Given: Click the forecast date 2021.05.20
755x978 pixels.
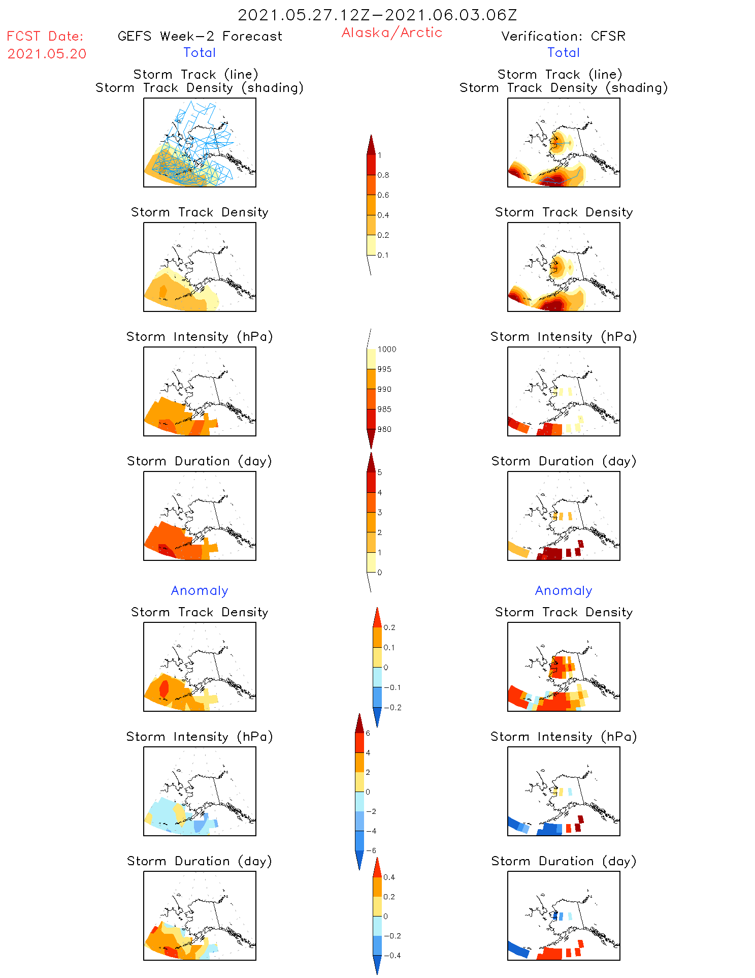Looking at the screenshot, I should point(47,54).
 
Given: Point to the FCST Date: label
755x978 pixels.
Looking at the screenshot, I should point(45,36).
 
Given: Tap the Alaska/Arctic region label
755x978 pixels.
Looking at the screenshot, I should point(391,33).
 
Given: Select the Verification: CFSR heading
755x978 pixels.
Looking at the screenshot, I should point(563,36).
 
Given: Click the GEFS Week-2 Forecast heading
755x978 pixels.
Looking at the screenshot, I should point(200,36).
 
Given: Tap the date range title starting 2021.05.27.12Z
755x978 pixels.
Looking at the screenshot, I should point(377,15).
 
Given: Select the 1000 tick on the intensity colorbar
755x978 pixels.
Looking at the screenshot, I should point(386,350).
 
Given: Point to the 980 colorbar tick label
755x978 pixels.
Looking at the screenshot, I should point(384,429).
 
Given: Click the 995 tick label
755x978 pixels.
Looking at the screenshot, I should point(384,369).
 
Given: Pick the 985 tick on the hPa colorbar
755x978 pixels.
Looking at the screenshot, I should point(384,409).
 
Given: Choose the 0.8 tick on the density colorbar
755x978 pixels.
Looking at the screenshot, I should point(383,175).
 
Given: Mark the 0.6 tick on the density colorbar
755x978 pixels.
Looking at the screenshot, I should point(383,195).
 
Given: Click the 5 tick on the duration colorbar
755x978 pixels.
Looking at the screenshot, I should point(380,472).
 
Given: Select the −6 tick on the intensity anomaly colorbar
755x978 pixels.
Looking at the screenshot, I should point(371,850).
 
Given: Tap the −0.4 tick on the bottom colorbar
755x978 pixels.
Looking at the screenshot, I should point(391,956).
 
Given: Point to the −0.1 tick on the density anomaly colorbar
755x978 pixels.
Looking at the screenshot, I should point(391,687).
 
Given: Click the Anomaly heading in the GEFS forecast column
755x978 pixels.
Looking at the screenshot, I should point(200,590).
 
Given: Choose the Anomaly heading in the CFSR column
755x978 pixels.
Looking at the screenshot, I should point(564,590).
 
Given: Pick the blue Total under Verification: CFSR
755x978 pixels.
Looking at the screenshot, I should point(564,52).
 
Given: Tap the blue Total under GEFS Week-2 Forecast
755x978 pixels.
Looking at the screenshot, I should point(200,52).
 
